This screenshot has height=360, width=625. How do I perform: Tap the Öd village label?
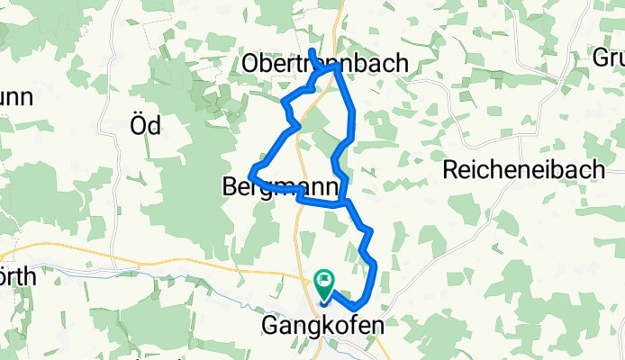pyautogui.click(x=146, y=126)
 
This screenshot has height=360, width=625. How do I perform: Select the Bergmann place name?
pyautogui.click(x=279, y=186)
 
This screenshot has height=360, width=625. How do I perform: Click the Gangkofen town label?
pyautogui.click(x=322, y=324)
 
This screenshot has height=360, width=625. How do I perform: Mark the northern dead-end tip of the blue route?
pyautogui.click(x=311, y=50)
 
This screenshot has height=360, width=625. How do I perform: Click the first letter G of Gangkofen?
pyautogui.click(x=268, y=324)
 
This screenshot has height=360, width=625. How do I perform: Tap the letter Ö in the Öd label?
pyautogui.click(x=139, y=126)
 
